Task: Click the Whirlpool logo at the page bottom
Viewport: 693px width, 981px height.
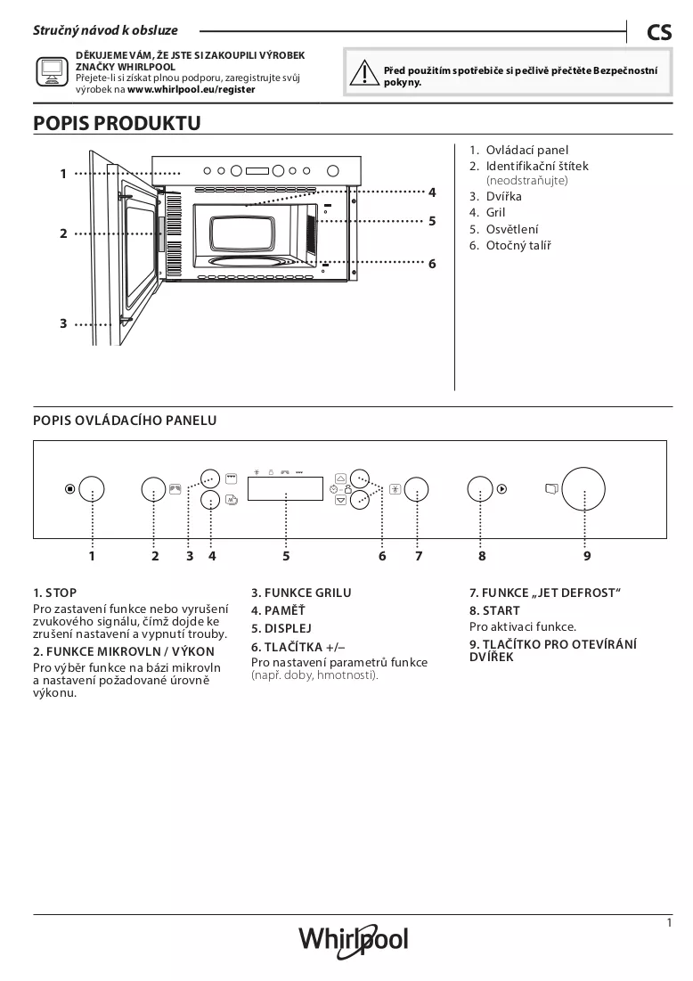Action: point(354,940)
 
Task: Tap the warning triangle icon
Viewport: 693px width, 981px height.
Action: point(363,73)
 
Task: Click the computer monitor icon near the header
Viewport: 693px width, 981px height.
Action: point(52,72)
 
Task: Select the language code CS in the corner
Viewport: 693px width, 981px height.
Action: point(659,32)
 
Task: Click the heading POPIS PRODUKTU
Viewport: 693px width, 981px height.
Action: point(117,123)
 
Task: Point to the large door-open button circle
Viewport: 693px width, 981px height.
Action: point(583,488)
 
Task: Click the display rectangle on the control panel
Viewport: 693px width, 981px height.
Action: point(285,488)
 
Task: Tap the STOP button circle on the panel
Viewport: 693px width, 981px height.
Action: point(92,488)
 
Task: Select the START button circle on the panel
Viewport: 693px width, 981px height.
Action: point(480,488)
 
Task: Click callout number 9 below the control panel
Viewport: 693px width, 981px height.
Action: point(587,556)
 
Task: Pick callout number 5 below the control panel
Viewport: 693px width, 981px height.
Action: point(286,556)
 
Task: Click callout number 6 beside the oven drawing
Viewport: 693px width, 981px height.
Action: point(432,264)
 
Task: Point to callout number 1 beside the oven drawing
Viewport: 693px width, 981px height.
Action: point(63,174)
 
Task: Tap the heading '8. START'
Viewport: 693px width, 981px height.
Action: point(494,610)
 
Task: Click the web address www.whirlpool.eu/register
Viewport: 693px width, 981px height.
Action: point(192,89)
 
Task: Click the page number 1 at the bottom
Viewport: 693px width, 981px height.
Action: point(669,923)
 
